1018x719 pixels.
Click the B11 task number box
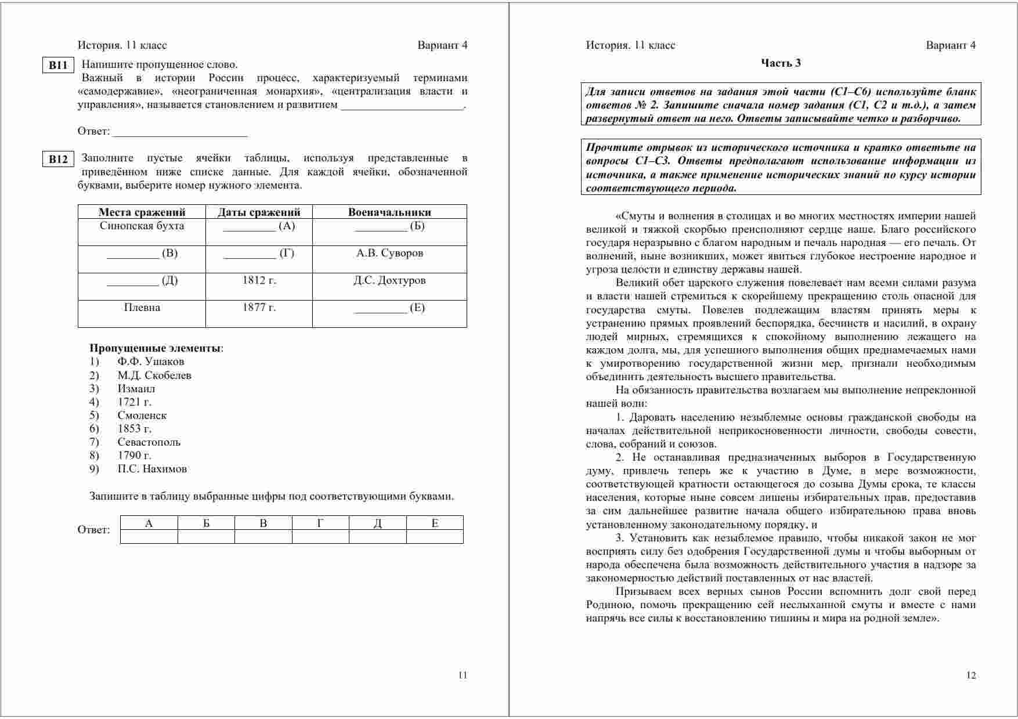pyautogui.click(x=58, y=66)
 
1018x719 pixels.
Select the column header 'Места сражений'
pyautogui.click(x=142, y=212)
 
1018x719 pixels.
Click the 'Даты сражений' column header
pyautogui.click(x=259, y=212)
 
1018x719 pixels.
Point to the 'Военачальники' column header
pyautogui.click(x=389, y=212)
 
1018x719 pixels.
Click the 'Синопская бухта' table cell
pyautogui.click(x=142, y=226)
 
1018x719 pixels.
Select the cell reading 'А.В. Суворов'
pyautogui.click(x=389, y=254)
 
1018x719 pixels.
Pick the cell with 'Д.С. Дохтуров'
pyautogui.click(x=389, y=281)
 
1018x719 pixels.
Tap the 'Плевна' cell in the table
pyautogui.click(x=142, y=308)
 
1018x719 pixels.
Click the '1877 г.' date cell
pyautogui.click(x=259, y=308)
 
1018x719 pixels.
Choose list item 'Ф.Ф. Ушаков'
pyautogui.click(x=150, y=362)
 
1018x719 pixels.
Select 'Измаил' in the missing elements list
pyautogui.click(x=136, y=389)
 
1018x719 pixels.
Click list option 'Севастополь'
pyautogui.click(x=149, y=442)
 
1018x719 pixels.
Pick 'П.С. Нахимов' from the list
pyautogui.click(x=152, y=469)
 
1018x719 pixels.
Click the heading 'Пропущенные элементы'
pyautogui.click(x=156, y=349)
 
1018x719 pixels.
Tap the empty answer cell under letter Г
pyautogui.click(x=320, y=537)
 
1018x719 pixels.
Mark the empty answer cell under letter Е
pyautogui.click(x=435, y=537)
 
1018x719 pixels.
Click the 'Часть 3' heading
pyautogui.click(x=781, y=63)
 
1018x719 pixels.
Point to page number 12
pyautogui.click(x=971, y=675)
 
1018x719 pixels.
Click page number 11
pyautogui.click(x=463, y=675)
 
